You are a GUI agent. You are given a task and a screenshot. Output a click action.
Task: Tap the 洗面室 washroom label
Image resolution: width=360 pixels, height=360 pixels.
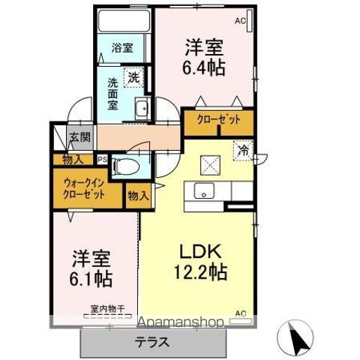112,94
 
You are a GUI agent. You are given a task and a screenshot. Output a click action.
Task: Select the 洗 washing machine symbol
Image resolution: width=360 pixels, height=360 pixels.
133,76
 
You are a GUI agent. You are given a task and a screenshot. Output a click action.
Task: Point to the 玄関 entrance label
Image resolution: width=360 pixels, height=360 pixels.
79,137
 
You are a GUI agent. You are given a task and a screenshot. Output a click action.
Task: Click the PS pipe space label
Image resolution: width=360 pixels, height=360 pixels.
103,159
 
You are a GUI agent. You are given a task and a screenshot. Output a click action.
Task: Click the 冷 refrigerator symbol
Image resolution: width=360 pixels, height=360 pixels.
243,149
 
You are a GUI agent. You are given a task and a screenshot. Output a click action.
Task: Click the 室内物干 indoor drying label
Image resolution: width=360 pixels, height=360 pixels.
106,308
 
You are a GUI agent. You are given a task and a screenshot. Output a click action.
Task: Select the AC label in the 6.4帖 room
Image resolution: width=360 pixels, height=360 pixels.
241,22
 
